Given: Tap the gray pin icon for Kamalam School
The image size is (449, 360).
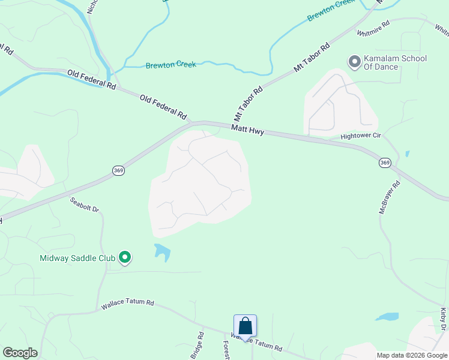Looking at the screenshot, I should point(354,61).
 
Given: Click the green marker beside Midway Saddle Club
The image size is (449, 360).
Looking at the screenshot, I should point(125,258).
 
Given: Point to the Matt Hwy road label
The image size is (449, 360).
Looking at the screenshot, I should point(248,129).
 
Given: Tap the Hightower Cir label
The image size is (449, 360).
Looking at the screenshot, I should point(361,136).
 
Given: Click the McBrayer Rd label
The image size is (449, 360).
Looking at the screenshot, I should point(388,199).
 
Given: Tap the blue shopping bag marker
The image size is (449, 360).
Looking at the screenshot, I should point(245,326).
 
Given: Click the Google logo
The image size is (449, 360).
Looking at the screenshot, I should point(20,353).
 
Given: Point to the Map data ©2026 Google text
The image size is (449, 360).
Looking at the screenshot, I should point(412,355).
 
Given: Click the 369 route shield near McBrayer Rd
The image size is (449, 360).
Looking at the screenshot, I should point(385,163).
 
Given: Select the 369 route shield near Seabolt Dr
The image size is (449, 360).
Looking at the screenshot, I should point(118,171).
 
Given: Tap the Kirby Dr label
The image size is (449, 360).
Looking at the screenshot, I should point(444,319).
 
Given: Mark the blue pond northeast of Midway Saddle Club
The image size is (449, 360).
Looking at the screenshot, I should point(161,251).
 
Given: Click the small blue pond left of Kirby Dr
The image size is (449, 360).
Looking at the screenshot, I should point(387,316).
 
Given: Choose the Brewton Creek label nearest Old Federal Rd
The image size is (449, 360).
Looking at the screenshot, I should point(170,64).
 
